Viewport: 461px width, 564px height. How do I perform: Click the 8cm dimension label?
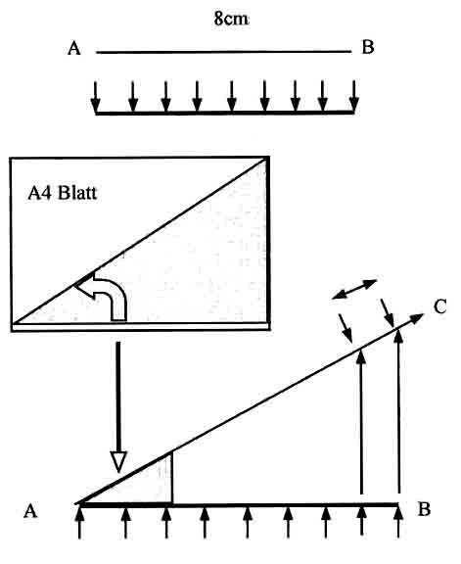point(231,19)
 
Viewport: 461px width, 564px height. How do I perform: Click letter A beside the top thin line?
point(74,48)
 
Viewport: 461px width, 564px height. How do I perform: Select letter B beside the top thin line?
point(368,47)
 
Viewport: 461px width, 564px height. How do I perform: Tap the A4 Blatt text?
point(63,193)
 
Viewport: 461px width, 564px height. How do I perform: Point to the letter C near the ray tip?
point(440,306)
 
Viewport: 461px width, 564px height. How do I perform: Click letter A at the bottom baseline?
point(30,511)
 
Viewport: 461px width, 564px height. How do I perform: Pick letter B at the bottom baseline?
point(425,509)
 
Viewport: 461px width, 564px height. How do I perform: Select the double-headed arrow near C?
point(354,289)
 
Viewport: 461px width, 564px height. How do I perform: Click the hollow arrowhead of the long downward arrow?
point(118,462)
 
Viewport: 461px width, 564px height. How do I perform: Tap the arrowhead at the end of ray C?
point(417,317)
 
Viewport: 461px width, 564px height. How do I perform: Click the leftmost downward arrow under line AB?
point(95,96)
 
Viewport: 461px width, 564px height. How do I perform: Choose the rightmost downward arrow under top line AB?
point(354,96)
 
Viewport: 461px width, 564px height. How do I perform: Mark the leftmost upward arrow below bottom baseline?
point(79,522)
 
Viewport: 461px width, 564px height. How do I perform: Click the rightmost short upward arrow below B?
point(398,522)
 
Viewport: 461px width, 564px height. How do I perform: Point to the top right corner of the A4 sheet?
point(268,158)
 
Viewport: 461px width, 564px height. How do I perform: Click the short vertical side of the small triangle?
point(172,478)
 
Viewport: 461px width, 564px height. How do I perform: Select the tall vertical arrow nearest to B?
point(398,411)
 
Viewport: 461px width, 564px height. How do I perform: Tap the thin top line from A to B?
point(224,52)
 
